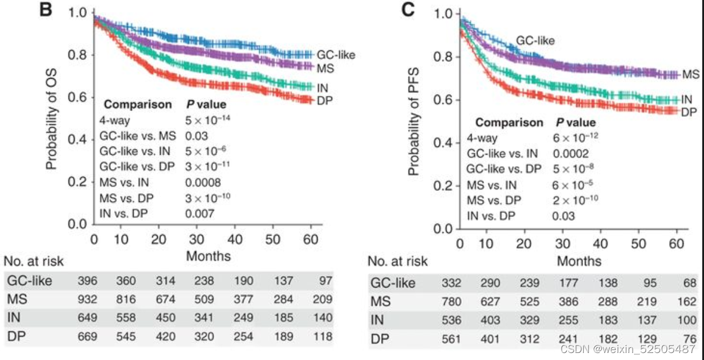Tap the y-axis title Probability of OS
coord(52,121)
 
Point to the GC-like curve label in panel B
coord(336,54)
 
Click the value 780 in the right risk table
coord(451,302)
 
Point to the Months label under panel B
coord(208,256)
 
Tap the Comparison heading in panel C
coord(508,123)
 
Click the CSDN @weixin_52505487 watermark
coord(627,349)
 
